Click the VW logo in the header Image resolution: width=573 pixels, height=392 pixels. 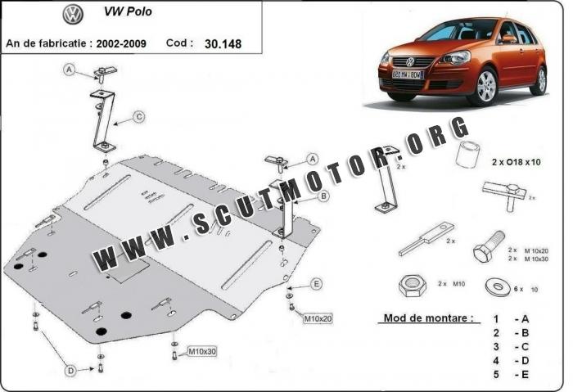73,14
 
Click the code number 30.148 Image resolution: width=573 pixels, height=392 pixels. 225,42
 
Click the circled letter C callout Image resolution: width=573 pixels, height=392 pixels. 138,117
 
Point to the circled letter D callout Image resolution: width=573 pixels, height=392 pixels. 70,371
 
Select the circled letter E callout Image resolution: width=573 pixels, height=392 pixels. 316,284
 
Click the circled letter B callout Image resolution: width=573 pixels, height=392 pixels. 323,196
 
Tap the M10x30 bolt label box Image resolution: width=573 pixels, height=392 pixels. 201,352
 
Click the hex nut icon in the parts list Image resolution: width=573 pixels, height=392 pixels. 412,286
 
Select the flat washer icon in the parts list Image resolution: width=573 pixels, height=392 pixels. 495,287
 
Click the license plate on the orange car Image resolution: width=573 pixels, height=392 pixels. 407,74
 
